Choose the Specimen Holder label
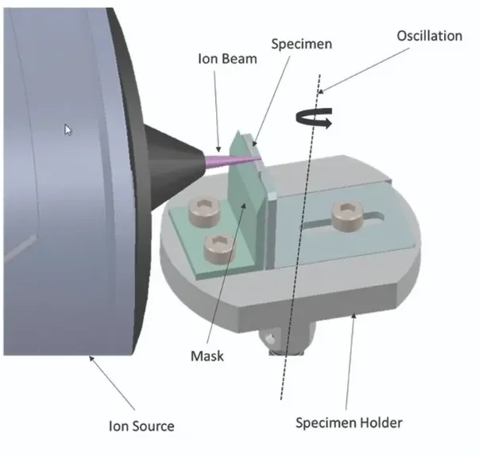click(348, 422)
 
